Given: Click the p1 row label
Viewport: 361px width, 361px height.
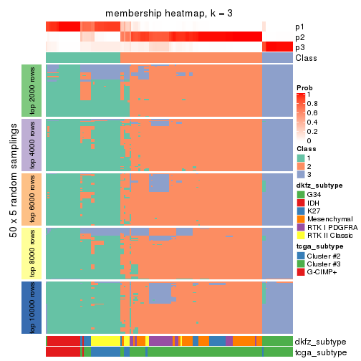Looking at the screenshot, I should point(299,27).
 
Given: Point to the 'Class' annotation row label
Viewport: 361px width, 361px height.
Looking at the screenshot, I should point(305,57).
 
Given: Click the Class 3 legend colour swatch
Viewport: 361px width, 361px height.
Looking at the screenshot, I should point(302,175).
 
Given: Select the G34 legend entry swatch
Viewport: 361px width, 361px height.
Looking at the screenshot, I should point(302,194).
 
